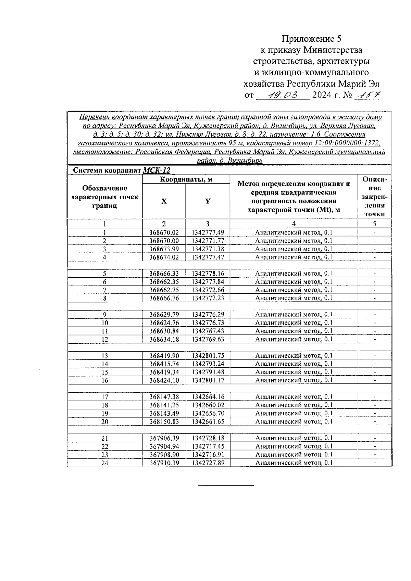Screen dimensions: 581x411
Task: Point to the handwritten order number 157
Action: (367, 94)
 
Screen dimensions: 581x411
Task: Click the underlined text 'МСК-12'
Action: (157, 170)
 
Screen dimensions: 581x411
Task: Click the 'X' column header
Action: (164, 201)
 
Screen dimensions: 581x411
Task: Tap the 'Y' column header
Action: (208, 201)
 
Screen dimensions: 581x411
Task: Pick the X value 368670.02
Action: (164, 232)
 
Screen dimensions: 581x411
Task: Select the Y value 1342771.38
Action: (208, 249)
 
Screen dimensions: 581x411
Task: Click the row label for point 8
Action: (105, 298)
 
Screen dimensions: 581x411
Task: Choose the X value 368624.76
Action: (164, 323)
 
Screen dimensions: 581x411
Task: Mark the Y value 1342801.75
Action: (208, 356)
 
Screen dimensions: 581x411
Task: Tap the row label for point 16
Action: (105, 380)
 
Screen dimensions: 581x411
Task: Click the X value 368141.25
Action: (164, 405)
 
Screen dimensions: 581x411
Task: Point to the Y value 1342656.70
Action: (208, 413)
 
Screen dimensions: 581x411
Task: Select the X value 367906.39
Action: (164, 438)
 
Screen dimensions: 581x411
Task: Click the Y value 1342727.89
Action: (208, 463)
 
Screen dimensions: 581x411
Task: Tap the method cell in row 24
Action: (294, 463)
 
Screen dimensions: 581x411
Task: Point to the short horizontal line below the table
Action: (226, 485)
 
